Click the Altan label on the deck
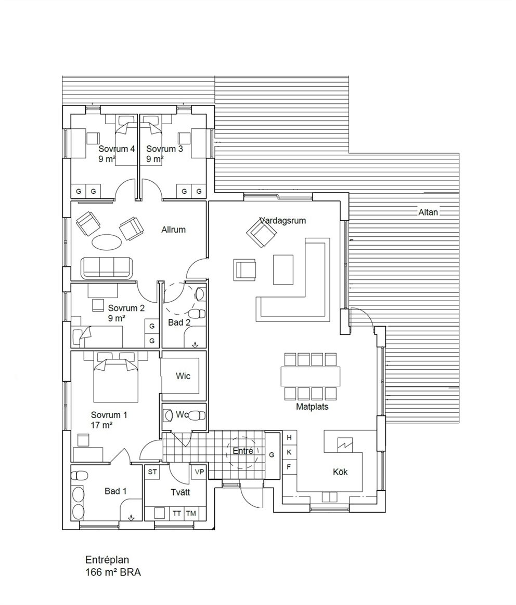(x=428, y=212)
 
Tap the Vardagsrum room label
(x=283, y=221)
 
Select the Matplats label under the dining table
(x=312, y=407)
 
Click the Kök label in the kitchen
(x=340, y=472)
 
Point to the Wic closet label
(x=183, y=376)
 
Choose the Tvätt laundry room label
(x=180, y=492)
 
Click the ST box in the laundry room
(x=152, y=472)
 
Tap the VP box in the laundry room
(x=199, y=472)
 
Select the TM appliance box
(x=191, y=514)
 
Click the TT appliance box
(x=177, y=514)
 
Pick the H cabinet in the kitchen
(x=289, y=438)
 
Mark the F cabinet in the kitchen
(x=289, y=467)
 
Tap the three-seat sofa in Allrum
(x=107, y=268)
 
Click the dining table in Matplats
(x=311, y=376)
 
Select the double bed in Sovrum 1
(x=115, y=381)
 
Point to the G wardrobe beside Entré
(x=272, y=455)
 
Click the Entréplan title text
(x=107, y=560)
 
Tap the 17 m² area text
(x=101, y=425)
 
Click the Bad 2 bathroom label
(x=179, y=322)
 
